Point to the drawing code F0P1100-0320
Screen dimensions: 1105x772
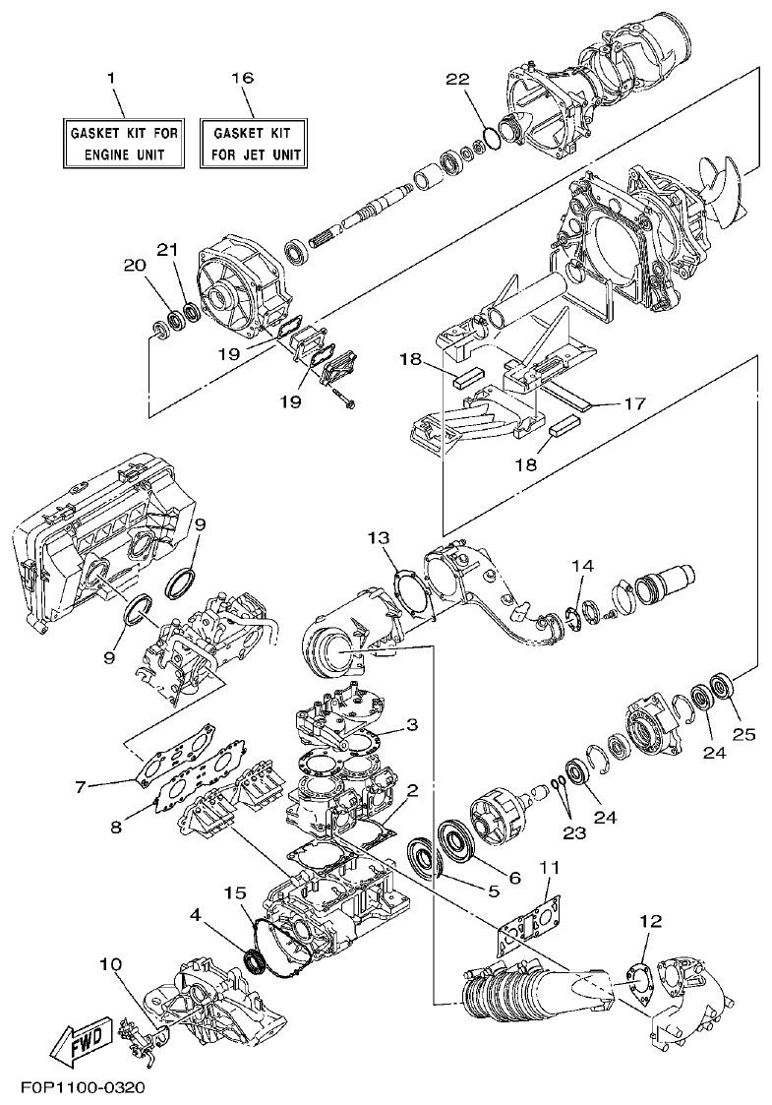[x=83, y=1088]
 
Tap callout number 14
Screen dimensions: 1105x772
[x=583, y=566]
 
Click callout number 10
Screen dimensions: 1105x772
[x=110, y=965]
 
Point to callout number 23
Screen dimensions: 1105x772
[x=573, y=832]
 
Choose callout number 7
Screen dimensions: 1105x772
[x=83, y=785]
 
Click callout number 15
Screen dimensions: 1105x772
[x=232, y=892]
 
